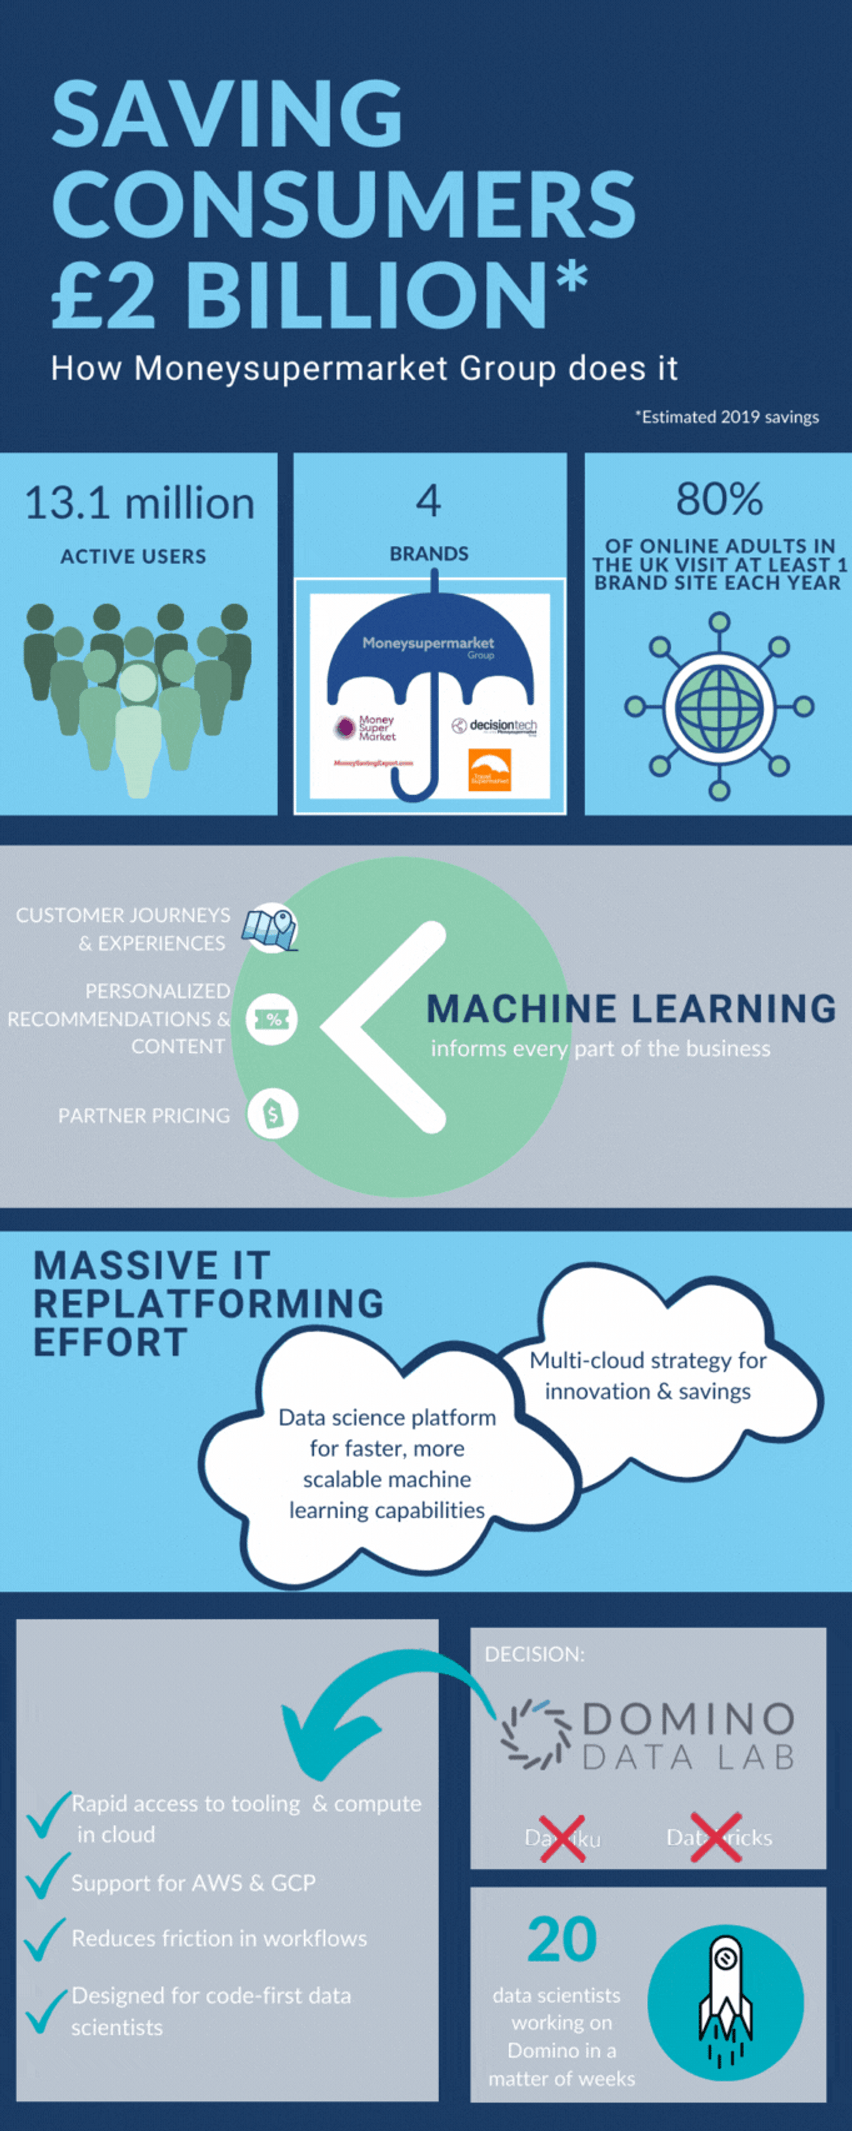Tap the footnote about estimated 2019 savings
[727, 417]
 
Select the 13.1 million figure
[139, 503]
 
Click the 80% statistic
[719, 499]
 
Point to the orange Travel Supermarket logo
[489, 769]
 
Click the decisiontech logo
[494, 726]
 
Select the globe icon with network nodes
[719, 706]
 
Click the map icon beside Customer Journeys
[270, 928]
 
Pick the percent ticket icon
[272, 1019]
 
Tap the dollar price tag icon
[272, 1114]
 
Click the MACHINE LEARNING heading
[630, 1008]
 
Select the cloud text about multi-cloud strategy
[648, 1375]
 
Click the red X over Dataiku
[562, 1838]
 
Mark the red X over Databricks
[716, 1837]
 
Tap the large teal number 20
[562, 1940]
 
